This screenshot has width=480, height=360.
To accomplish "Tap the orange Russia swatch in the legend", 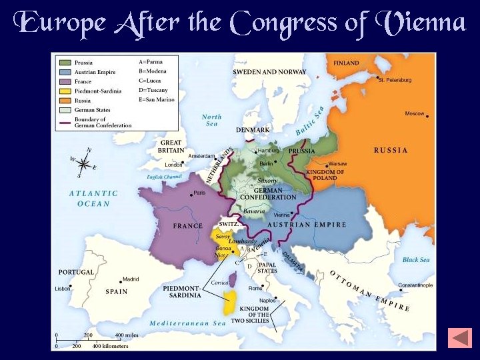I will click(x=64, y=101).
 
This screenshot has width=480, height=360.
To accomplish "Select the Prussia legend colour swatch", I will click(x=64, y=63).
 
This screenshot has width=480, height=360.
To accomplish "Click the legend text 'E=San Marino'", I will click(x=156, y=100).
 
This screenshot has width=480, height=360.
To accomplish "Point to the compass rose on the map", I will click(x=83, y=163).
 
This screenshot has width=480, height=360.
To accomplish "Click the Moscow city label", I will click(x=414, y=113).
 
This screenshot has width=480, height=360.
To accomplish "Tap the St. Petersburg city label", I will click(x=395, y=80).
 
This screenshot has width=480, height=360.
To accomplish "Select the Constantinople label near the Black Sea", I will click(x=415, y=285).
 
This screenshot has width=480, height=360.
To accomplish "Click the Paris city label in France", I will click(x=199, y=193).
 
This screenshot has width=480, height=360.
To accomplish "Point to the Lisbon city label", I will click(x=63, y=289).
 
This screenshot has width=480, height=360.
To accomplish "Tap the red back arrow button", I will click(x=460, y=337).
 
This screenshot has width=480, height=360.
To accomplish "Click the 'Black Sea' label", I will click(x=415, y=259).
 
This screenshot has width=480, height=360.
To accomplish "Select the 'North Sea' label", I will click(x=211, y=120).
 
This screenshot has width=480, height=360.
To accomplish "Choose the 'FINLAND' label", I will click(x=346, y=63).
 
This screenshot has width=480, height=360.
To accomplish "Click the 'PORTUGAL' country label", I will click(x=76, y=272).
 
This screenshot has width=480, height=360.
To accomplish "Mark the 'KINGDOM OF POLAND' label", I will click(x=325, y=175).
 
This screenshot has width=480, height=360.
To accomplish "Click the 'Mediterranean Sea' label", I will click(x=187, y=323).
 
